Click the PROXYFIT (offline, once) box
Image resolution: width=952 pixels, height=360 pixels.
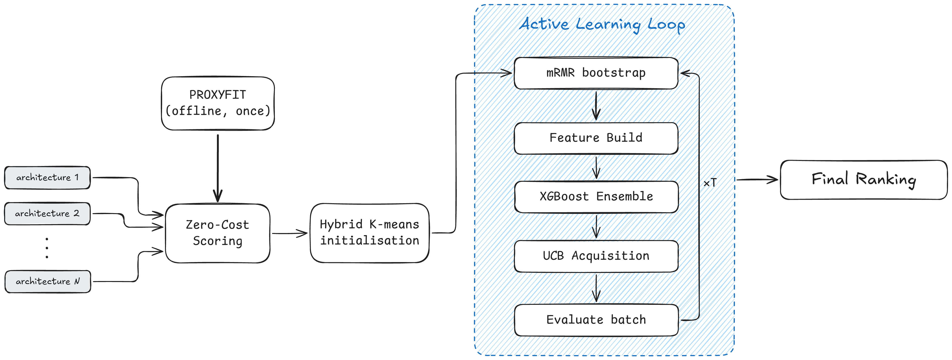coord(218,103)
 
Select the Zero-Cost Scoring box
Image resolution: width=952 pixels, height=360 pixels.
coord(218,233)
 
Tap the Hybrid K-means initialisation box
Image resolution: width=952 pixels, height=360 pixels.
coord(369,233)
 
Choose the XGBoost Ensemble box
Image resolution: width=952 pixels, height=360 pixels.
coord(596,197)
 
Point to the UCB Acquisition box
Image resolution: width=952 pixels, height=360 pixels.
coord(596,256)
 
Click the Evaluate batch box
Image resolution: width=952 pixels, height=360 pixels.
coord(596,320)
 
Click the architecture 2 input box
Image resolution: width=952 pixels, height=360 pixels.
coord(47,214)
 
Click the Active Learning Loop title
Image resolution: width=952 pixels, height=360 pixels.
coord(602,25)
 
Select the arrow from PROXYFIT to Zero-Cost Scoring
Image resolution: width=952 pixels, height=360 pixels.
coord(218,168)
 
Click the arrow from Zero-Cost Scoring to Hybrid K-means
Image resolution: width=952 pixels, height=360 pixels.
coord(290,233)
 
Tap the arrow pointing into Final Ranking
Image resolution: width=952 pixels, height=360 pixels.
coord(757,180)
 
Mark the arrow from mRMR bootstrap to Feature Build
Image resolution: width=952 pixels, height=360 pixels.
coord(596,106)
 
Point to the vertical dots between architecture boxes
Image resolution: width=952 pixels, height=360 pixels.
coord(47,248)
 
